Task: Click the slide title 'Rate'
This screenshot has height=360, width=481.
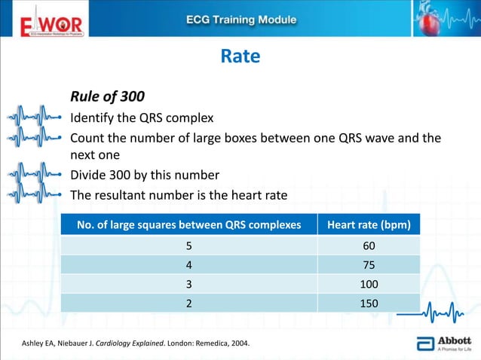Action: (240, 56)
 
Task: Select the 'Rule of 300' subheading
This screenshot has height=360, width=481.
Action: (108, 97)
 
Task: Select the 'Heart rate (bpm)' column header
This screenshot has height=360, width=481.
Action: (368, 225)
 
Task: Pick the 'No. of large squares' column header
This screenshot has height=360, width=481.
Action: (188, 225)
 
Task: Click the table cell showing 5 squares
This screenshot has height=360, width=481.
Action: (188, 246)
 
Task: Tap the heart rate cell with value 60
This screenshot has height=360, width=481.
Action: (368, 246)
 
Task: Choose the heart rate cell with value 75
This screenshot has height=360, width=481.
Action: (368, 265)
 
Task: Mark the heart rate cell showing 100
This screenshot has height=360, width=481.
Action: (368, 284)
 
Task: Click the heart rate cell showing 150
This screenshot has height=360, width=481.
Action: (368, 303)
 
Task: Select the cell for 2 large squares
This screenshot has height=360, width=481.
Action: (188, 303)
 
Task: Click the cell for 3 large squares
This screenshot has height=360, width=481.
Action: (188, 284)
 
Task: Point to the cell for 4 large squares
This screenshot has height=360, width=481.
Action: (188, 265)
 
